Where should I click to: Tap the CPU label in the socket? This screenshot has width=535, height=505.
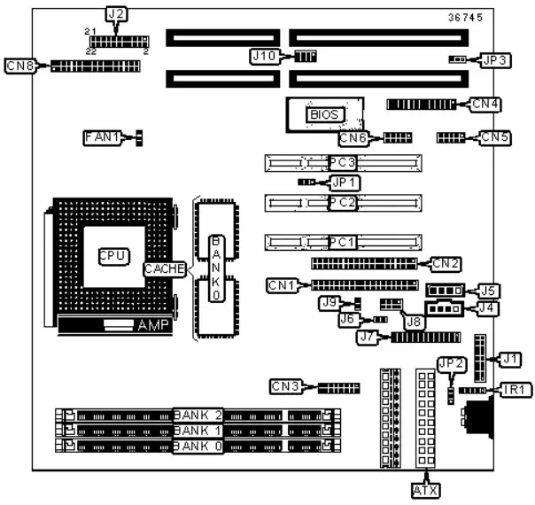pyautogui.click(x=113, y=255)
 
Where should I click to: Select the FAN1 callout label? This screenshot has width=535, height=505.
pyautogui.click(x=101, y=137)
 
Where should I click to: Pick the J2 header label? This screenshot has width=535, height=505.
pyautogui.click(x=116, y=13)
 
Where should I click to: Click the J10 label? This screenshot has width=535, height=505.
pyautogui.click(x=263, y=56)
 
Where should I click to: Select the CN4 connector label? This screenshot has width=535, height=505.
pyautogui.click(x=486, y=104)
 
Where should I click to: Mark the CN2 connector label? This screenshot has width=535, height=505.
pyautogui.click(x=446, y=262)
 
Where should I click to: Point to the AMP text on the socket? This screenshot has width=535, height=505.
pyautogui.click(x=153, y=326)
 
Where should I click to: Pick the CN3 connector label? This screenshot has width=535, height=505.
pyautogui.click(x=286, y=385)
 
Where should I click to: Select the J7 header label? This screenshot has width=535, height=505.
pyautogui.click(x=371, y=337)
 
